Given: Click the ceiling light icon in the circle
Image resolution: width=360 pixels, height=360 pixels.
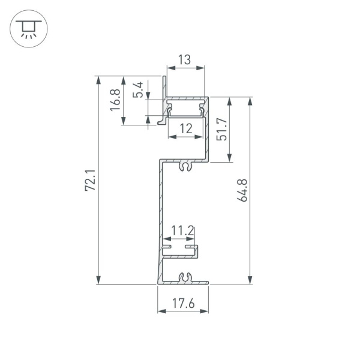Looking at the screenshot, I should [x=26, y=28].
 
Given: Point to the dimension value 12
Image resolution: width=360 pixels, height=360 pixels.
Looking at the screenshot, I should [x=185, y=128].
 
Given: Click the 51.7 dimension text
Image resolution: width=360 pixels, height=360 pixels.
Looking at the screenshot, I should [x=221, y=129].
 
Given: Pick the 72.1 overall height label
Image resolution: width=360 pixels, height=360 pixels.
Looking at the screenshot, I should [x=90, y=180].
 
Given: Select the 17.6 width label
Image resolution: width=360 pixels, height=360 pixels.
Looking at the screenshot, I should [x=183, y=304].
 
